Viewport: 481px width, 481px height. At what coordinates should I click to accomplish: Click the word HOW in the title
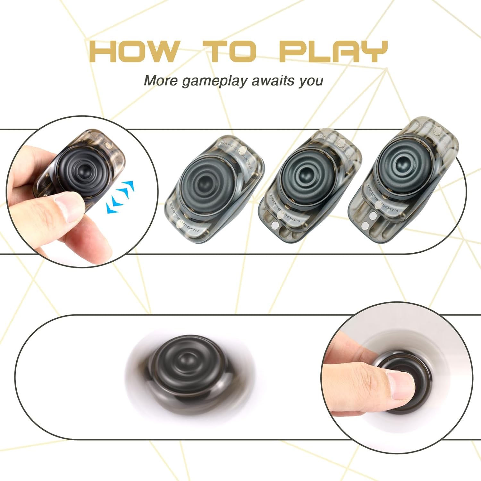tap(134, 51)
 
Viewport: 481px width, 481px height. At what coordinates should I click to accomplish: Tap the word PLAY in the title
tap(333, 51)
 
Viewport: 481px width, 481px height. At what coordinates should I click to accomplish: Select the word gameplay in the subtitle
tap(215, 81)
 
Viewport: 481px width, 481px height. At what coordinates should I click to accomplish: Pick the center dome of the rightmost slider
tap(400, 164)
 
